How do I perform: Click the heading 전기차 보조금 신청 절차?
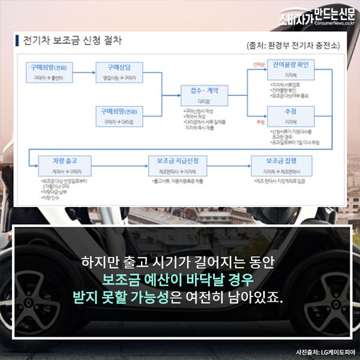71,42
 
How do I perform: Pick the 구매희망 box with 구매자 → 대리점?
121,115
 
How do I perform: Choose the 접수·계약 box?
204,95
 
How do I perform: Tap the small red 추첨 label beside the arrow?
260,122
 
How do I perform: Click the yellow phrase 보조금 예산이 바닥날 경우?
179,280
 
